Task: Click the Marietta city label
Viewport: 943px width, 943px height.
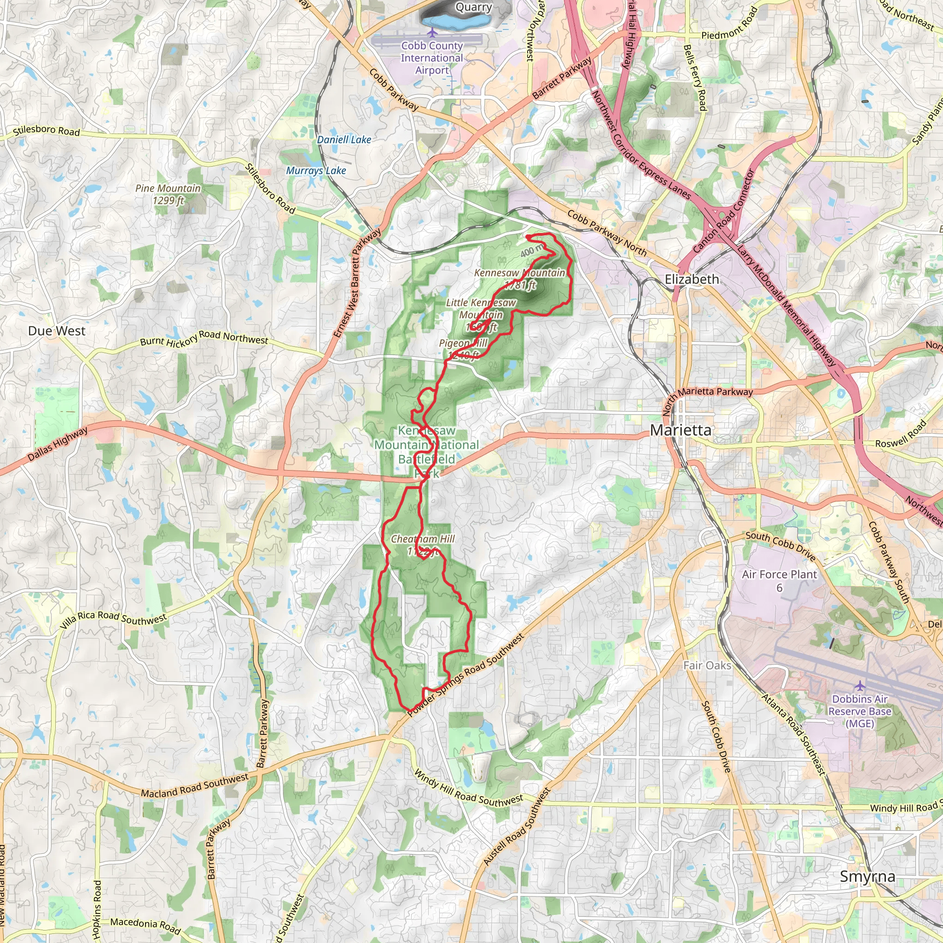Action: tap(681, 430)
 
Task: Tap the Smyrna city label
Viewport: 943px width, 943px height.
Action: tap(867, 876)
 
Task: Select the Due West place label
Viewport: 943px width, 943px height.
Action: tap(57, 331)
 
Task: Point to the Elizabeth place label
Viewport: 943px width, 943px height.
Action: tap(692, 279)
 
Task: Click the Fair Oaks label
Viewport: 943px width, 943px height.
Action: tap(707, 665)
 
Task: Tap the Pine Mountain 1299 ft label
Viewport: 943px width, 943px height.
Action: tap(168, 194)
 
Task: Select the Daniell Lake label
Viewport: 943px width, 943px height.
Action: tap(344, 140)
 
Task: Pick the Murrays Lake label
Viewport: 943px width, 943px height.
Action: tap(316, 170)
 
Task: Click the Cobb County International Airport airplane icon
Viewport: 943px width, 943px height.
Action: tap(432, 32)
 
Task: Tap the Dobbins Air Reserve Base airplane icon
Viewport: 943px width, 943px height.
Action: tap(860, 686)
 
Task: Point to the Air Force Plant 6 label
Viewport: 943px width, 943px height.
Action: tap(779, 580)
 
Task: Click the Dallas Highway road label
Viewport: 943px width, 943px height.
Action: tap(57, 444)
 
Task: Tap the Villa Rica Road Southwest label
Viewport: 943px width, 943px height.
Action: tap(113, 619)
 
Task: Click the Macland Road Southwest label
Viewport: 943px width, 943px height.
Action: tap(194, 786)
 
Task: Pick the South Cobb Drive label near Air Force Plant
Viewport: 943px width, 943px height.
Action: tap(780, 546)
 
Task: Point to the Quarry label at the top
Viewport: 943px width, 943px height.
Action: tap(473, 7)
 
